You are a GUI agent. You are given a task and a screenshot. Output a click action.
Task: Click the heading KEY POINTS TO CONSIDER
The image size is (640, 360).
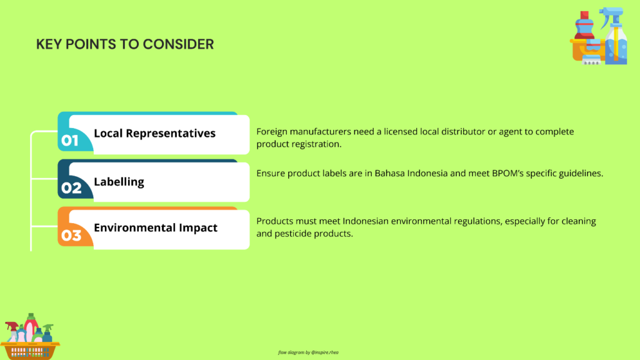125,44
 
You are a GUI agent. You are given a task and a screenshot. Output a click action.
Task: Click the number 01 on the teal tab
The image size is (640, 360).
70,141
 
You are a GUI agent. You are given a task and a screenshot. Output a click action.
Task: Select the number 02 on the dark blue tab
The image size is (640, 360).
71,187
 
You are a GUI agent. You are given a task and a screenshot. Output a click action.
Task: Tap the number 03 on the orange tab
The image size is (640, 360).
71,236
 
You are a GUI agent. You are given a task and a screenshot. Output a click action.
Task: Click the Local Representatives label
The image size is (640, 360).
155,134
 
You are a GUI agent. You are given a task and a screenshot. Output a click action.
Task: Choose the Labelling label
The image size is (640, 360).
119,182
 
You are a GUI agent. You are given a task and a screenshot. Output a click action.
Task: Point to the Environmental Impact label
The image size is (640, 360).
156,227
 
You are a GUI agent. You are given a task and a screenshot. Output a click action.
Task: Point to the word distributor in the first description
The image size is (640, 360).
462,131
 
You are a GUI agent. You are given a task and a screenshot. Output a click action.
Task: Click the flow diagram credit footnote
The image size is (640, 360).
308,352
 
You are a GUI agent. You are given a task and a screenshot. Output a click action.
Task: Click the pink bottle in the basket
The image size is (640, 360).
31,329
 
